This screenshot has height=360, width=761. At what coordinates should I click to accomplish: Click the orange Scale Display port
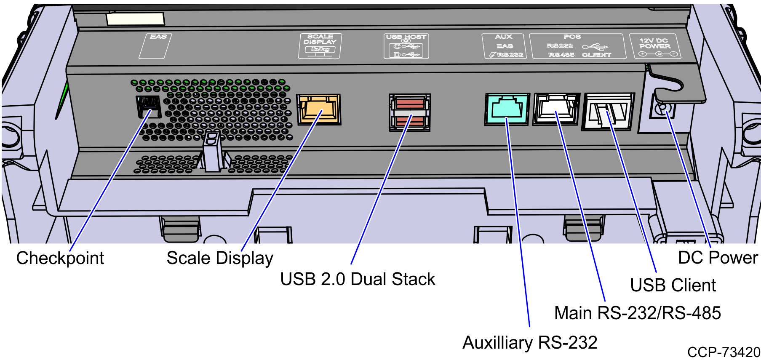[x=318, y=109]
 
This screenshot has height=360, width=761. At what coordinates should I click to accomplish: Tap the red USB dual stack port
[x=410, y=112]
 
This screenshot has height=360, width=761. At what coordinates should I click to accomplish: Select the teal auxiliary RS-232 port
[x=507, y=109]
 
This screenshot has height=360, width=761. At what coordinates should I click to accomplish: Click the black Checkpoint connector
[x=148, y=107]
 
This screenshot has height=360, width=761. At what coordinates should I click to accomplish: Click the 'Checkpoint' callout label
[x=60, y=258]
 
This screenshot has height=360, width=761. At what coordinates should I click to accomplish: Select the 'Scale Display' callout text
[x=220, y=258]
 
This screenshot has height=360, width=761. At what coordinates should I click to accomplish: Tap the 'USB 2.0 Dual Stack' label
[x=358, y=279]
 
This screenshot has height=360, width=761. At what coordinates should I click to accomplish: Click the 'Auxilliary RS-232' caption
[x=530, y=343]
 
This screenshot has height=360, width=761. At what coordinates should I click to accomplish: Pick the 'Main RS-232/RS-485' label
[x=638, y=313]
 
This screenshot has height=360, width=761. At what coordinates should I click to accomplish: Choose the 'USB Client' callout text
[x=673, y=285]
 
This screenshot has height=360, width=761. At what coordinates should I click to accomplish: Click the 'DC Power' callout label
[x=718, y=258]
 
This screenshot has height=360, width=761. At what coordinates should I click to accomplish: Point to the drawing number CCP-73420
[x=724, y=352]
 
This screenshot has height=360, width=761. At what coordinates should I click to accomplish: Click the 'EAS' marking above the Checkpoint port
[x=158, y=37]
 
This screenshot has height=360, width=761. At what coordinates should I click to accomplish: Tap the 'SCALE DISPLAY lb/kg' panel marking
[x=320, y=46]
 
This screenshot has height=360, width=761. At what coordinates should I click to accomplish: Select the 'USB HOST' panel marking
[x=406, y=46]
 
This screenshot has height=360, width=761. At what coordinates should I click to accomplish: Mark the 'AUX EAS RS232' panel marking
[x=504, y=46]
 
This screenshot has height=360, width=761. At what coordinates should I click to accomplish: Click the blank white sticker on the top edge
[x=135, y=19]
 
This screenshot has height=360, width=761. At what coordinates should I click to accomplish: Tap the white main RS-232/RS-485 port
[x=556, y=109]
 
